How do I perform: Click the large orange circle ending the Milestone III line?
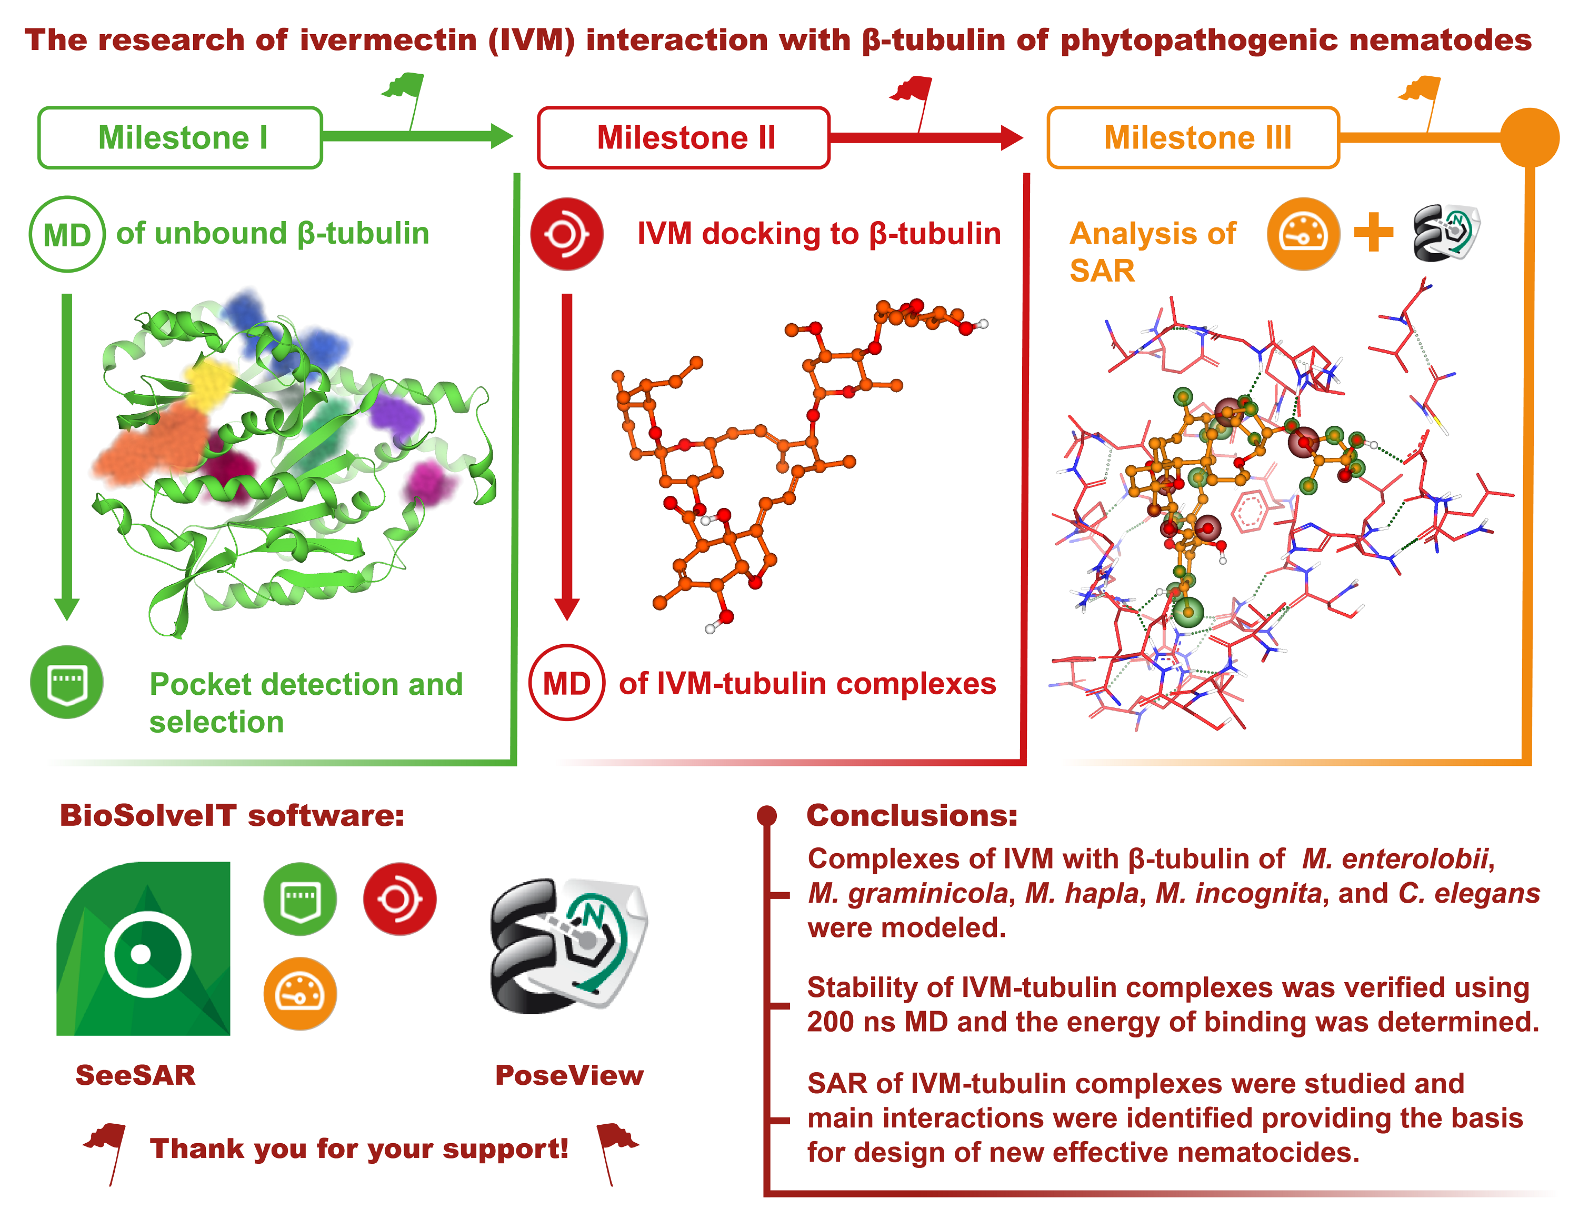point(1529,137)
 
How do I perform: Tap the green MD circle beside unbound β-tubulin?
point(67,234)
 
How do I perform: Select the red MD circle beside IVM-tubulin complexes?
point(567,683)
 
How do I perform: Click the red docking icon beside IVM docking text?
point(567,234)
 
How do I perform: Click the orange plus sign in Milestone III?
point(1374,233)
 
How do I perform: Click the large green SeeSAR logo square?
point(144,948)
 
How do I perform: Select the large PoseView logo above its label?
point(568,946)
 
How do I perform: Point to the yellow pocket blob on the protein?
point(209,383)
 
